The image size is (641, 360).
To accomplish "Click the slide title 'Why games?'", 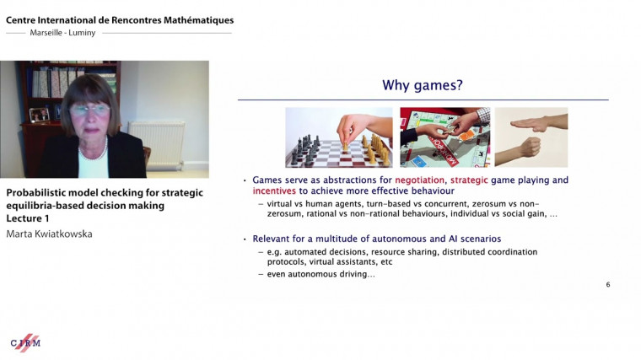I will [x=423, y=85].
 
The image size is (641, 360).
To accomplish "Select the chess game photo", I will [x=339, y=137].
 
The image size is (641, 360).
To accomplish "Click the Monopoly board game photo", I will [x=444, y=137].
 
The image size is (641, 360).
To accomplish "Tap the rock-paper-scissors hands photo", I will [x=531, y=137].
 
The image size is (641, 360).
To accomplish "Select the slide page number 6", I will [x=607, y=284].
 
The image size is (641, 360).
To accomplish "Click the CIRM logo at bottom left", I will [x=25, y=341].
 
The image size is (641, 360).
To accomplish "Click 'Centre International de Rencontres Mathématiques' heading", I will [x=120, y=19].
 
